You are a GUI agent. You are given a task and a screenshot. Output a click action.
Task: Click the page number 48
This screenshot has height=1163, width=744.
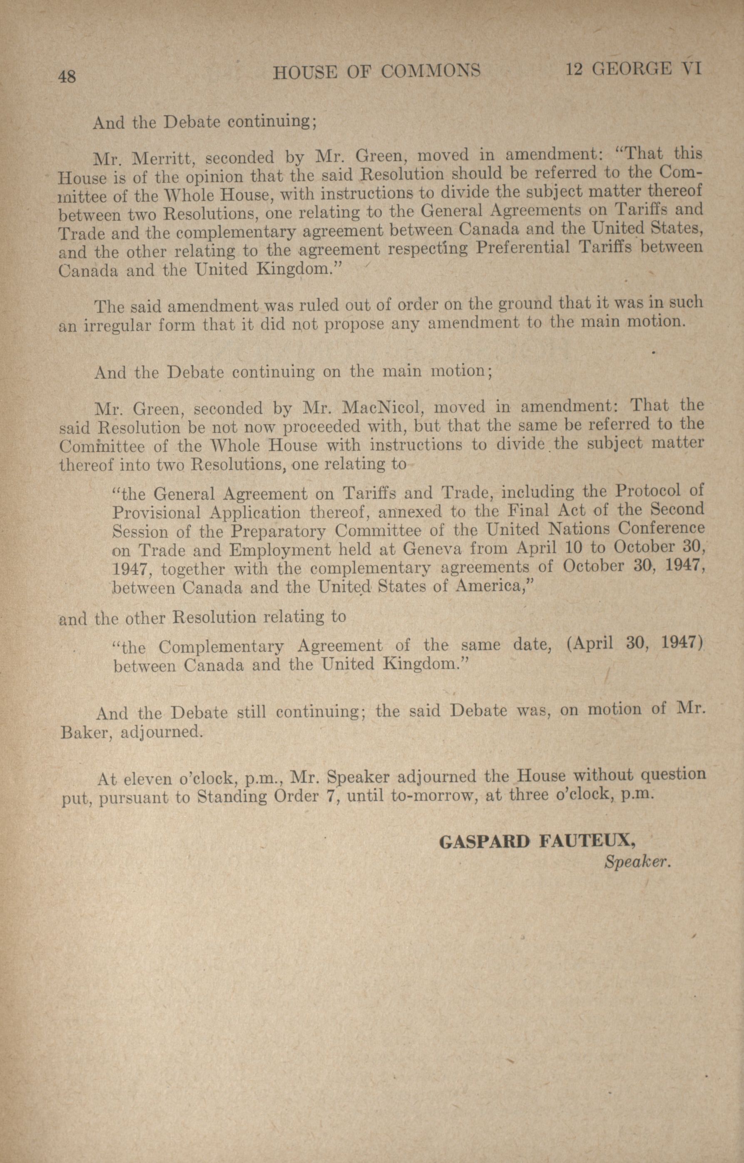[x=67, y=76]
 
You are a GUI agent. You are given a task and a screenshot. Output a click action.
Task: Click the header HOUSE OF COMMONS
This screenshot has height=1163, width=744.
[x=376, y=72]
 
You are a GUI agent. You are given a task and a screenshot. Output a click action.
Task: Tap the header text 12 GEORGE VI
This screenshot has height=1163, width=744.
[x=633, y=70]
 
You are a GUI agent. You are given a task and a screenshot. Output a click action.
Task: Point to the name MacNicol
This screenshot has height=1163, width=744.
[x=382, y=408]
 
